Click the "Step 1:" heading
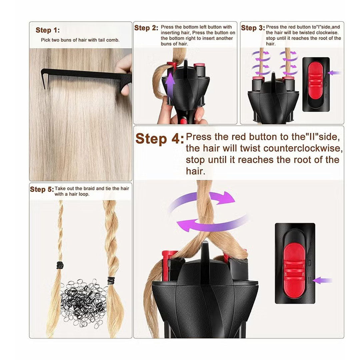click(x=48, y=30)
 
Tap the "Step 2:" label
click(x=146, y=28)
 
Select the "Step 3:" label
click(x=253, y=28)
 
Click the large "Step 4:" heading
click(x=159, y=139)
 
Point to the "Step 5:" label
click(x=41, y=189)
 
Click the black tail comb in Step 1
click(x=83, y=76)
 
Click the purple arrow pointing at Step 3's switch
click(x=335, y=72)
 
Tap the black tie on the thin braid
click(x=60, y=265)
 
